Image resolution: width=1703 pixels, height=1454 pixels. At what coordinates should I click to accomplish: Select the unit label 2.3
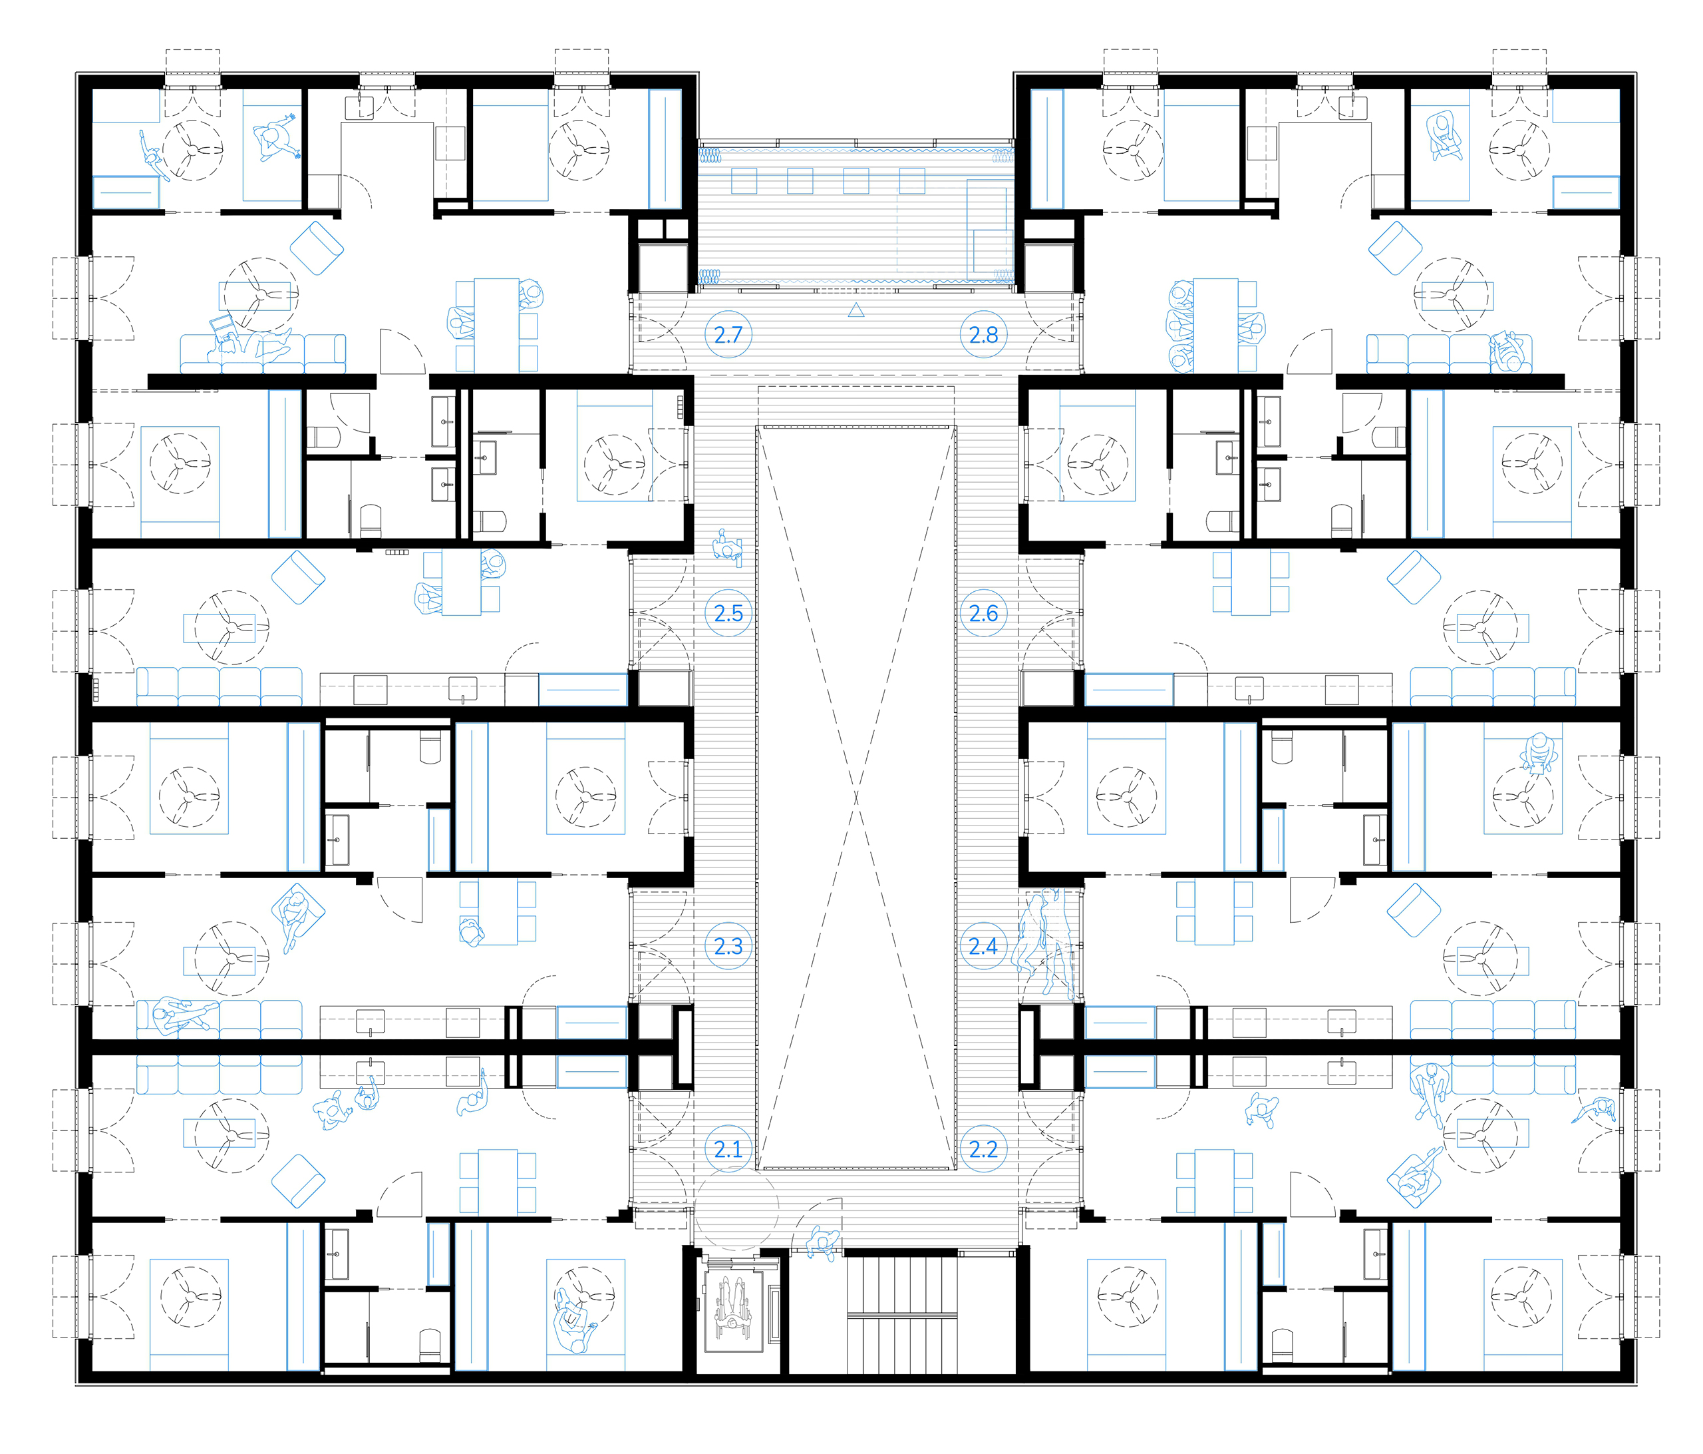pos(728,947)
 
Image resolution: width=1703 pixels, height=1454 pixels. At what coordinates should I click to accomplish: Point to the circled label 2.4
pos(983,947)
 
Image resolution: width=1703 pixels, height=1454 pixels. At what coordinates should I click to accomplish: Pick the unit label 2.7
pos(728,335)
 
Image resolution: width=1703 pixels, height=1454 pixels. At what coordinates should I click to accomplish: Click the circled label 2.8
pos(983,335)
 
